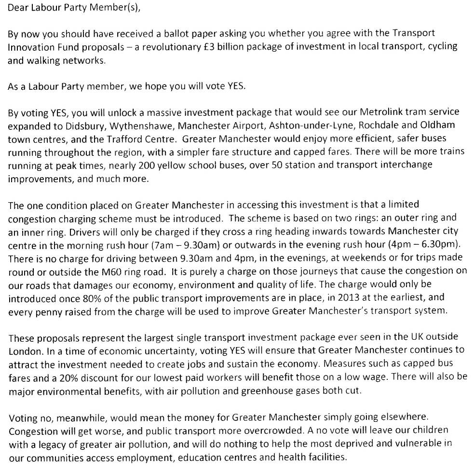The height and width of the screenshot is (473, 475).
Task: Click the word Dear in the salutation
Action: pyautogui.click(x=17, y=8)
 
